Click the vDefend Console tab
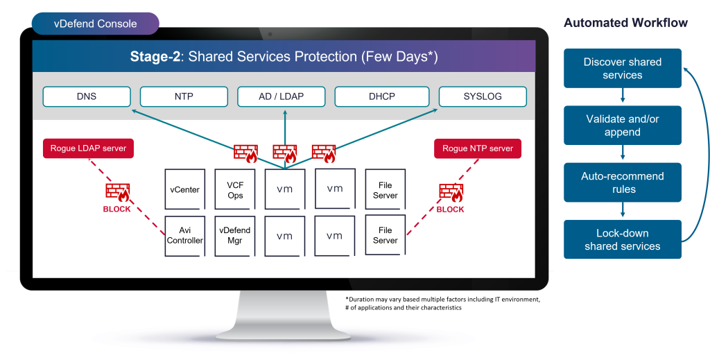pos(96,24)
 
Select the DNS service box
pos(87,96)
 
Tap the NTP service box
pos(184,96)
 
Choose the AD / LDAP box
pos(281,96)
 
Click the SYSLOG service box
pos(483,96)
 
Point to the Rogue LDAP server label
pos(88,148)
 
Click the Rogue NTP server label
pos(478,148)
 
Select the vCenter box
pos(184,189)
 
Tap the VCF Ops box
pos(235,189)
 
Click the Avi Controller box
pos(184,236)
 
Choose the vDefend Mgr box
pos(235,236)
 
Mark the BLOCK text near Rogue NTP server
pos(450,209)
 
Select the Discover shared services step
pos(622,68)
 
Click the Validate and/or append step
pos(622,126)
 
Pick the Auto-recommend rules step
pos(622,182)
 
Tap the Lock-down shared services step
pos(622,239)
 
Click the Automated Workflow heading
pos(625,23)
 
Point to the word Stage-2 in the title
pos(155,57)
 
